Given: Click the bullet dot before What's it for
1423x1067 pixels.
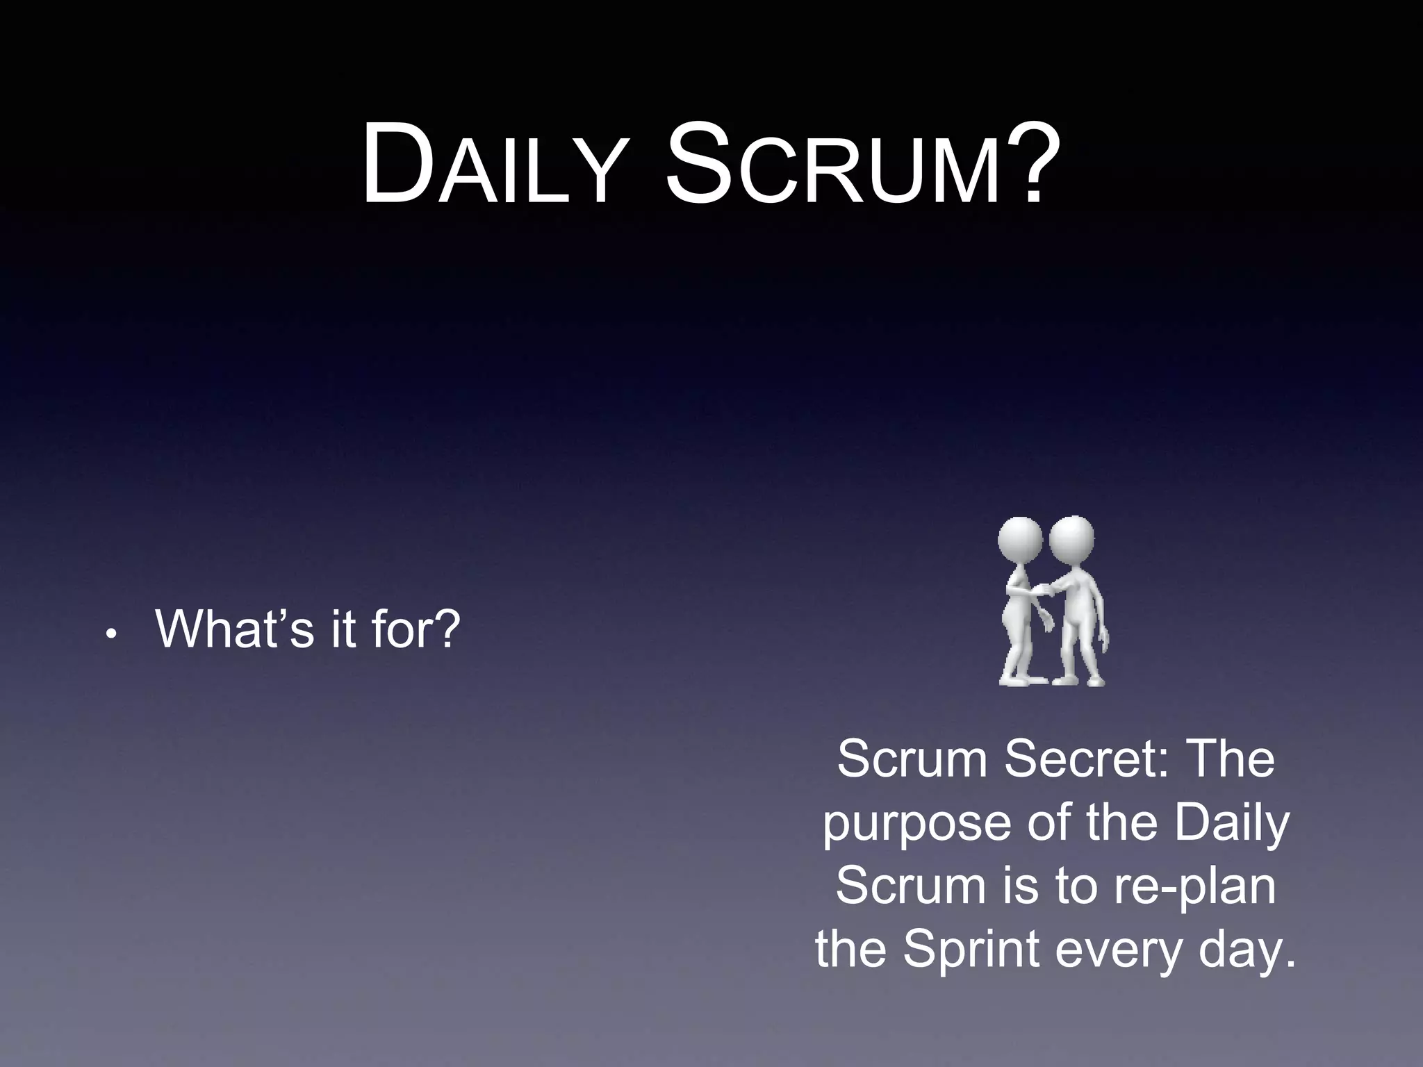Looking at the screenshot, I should click(x=110, y=634).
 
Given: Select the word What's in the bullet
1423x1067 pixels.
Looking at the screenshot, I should click(x=235, y=628).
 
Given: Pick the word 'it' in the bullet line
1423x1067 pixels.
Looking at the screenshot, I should click(x=343, y=628).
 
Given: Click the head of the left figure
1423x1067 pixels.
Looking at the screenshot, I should click(x=1019, y=540).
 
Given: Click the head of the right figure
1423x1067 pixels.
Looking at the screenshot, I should click(x=1072, y=539).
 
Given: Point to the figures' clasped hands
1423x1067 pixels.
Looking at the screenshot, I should click(x=1040, y=590).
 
